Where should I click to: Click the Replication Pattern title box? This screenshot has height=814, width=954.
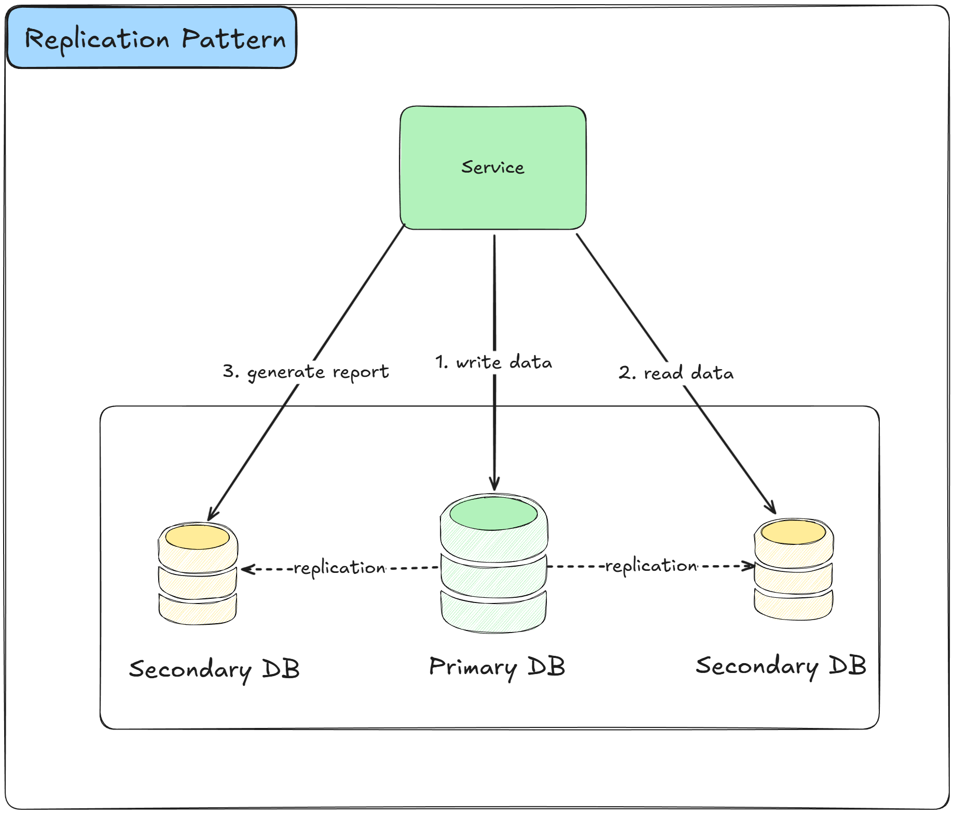151,38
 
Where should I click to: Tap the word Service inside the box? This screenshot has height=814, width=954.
493,167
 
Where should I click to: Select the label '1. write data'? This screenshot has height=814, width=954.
493,362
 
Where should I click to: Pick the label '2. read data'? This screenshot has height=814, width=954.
676,373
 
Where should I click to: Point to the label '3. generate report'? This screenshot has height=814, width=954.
306,372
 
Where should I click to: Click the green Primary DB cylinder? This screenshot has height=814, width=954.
493,576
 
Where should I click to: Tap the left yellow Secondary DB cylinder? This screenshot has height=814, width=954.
198,581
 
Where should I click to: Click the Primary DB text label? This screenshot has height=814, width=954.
497,667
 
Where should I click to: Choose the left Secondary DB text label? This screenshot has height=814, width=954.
214,669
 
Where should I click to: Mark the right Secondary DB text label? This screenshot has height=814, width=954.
781,666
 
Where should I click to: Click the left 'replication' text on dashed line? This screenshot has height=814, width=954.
339,568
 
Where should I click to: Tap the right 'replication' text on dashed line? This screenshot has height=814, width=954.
651,566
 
